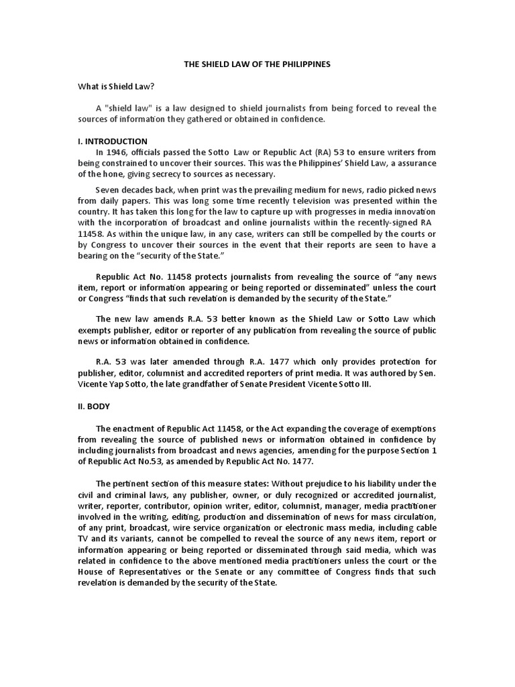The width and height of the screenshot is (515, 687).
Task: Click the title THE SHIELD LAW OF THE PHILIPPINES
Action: [x=257, y=64]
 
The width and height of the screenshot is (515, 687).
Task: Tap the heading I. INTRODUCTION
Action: [x=112, y=142]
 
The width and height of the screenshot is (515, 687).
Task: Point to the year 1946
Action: [x=117, y=152]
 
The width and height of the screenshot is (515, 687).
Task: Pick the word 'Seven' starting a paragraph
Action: [x=108, y=189]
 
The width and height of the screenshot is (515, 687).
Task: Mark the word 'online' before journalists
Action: [x=266, y=223]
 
